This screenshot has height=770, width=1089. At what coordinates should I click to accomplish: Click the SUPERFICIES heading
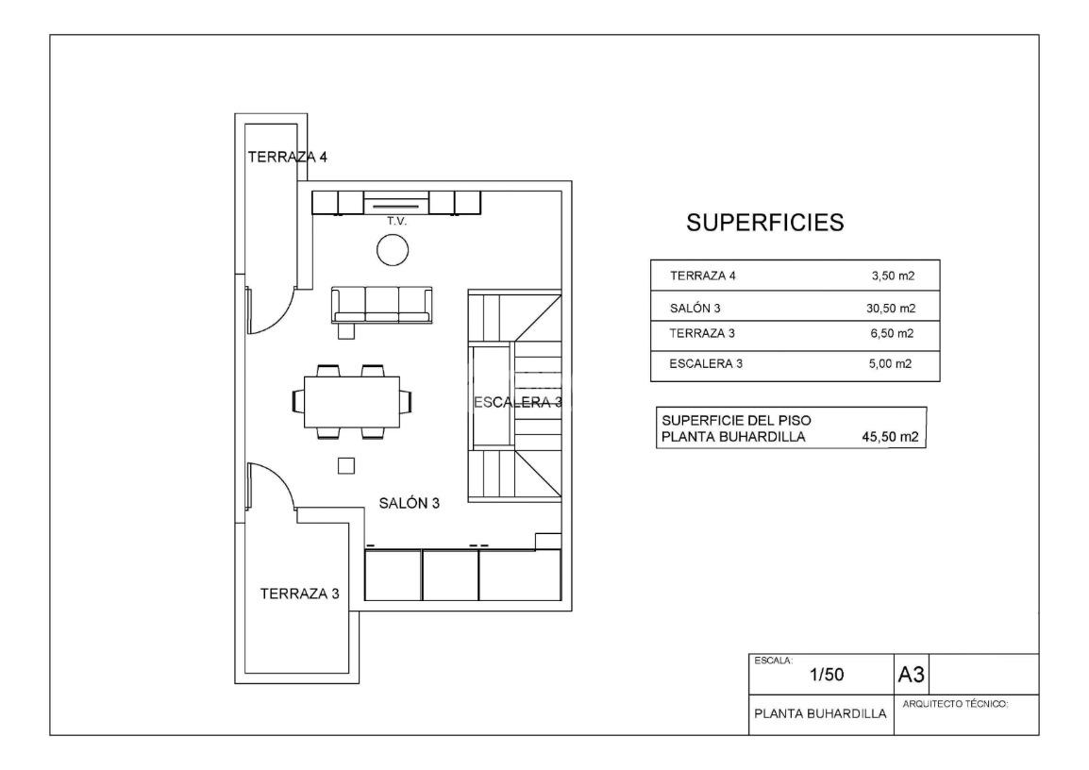[x=764, y=222]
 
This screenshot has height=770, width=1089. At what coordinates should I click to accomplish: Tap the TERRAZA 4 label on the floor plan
[x=288, y=157]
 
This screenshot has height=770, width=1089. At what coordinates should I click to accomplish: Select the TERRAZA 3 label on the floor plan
[x=299, y=594]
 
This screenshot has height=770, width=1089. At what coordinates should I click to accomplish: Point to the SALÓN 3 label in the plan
[x=409, y=503]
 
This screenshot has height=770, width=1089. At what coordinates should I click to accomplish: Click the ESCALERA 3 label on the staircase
[x=517, y=402]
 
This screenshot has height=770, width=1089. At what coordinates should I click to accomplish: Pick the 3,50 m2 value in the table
[x=893, y=276]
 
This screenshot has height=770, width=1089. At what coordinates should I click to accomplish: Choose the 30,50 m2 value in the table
[x=891, y=309]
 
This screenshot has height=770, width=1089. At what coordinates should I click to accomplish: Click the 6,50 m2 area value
[x=893, y=333]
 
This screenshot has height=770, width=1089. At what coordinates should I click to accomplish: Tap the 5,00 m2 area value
[x=891, y=363]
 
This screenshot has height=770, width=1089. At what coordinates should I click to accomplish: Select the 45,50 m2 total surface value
[x=891, y=437]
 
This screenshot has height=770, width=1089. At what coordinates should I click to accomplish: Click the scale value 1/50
[x=827, y=674]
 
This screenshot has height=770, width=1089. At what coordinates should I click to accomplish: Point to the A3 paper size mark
[x=912, y=674]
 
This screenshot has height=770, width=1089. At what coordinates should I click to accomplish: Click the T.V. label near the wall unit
[x=396, y=221]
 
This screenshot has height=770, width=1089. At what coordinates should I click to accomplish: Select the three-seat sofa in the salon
[x=382, y=306]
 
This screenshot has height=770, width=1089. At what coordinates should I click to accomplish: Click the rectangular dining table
[x=351, y=402]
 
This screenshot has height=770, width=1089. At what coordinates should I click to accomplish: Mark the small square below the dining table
[x=346, y=465]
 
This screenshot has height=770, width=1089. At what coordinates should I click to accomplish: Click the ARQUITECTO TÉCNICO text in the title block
[x=955, y=704]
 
